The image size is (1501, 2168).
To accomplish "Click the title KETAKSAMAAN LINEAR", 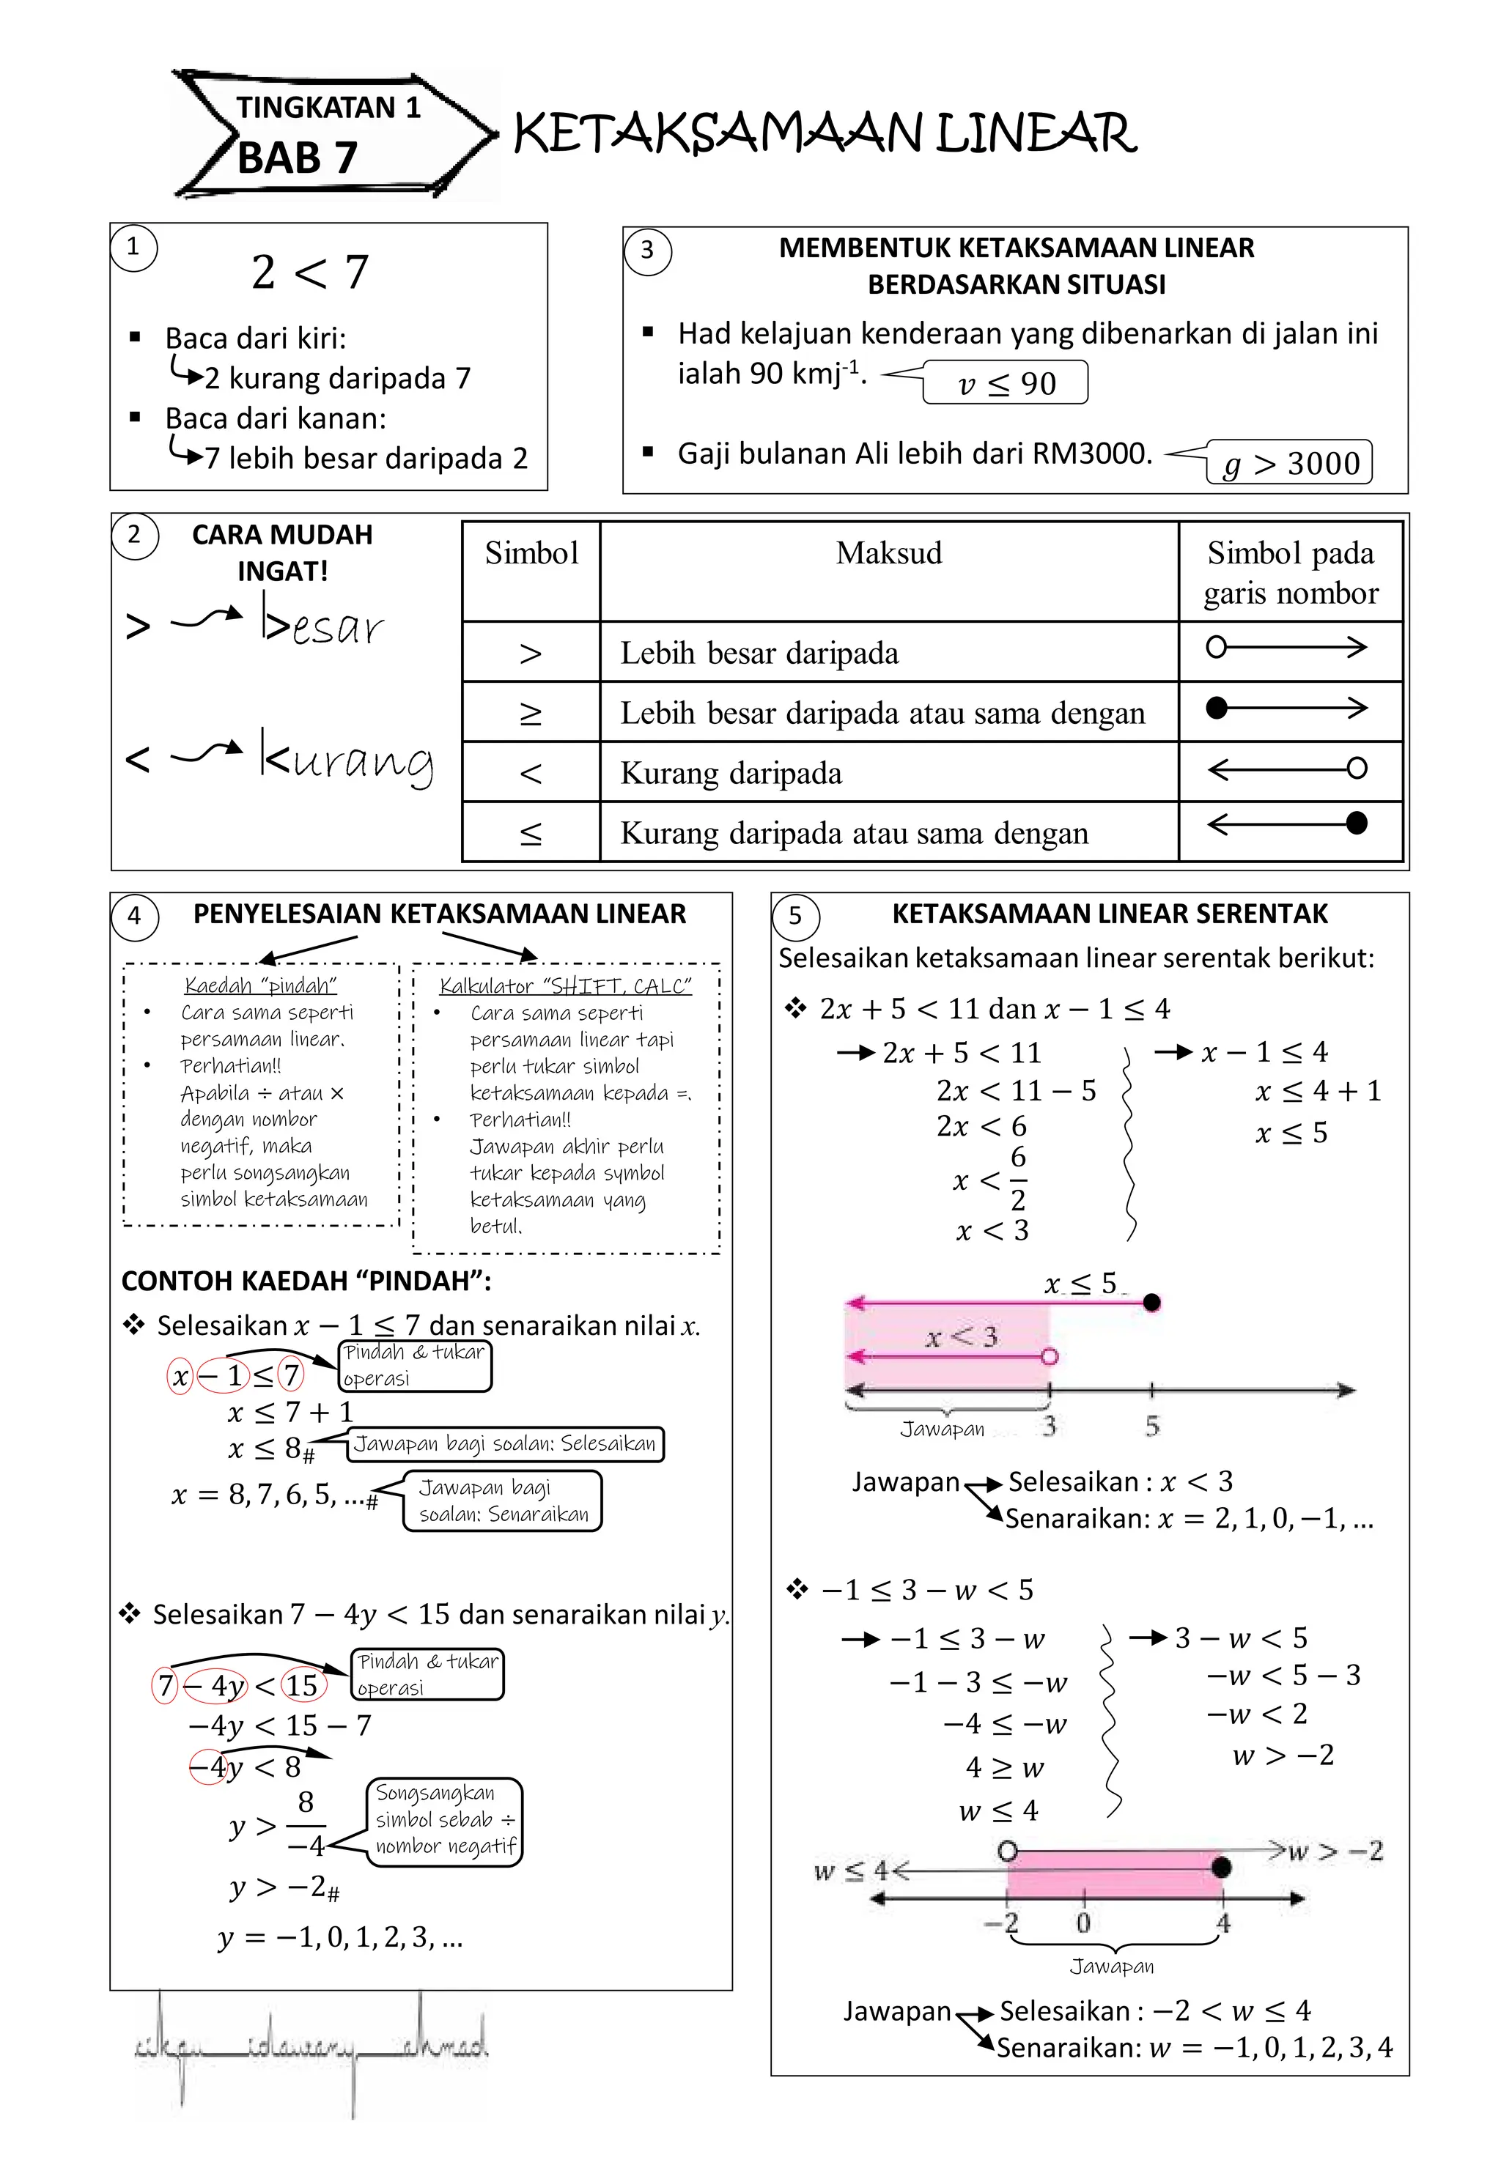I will point(824,133).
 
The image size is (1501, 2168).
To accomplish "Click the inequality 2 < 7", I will point(309,273).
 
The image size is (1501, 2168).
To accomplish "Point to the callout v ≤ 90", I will point(1006,384).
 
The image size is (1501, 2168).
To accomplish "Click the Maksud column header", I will point(889,554).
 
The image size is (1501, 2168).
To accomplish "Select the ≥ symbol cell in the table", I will point(531,714).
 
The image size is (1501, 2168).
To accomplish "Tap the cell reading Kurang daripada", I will point(731,774).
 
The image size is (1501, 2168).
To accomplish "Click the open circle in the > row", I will point(1216,647).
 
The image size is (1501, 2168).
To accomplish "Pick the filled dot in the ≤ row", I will point(1356,824).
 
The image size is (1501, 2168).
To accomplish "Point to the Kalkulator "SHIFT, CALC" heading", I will point(565,986).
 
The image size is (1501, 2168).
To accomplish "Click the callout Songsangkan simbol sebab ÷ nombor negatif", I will point(445,1819).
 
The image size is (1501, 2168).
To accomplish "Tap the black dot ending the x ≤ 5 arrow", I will point(1152,1303).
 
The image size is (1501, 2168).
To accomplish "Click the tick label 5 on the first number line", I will point(1152,1427).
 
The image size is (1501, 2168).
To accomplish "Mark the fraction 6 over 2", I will point(1017,1179).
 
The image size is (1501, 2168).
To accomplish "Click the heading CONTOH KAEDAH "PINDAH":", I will point(306,1281).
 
